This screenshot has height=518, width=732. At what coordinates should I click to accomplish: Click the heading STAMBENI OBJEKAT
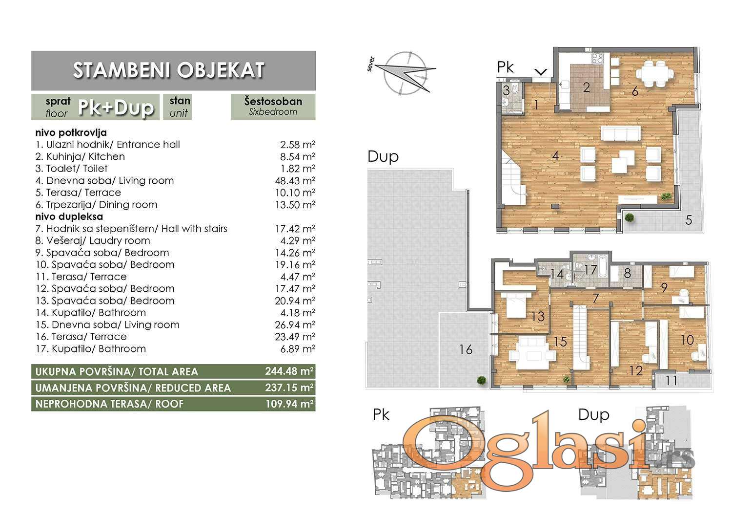pyautogui.click(x=169, y=70)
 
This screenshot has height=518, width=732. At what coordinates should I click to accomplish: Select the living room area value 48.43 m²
pyautogui.click(x=295, y=181)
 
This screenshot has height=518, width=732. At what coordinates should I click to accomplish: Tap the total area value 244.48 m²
pyautogui.click(x=289, y=371)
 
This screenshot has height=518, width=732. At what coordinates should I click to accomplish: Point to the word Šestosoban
pyautogui.click(x=273, y=101)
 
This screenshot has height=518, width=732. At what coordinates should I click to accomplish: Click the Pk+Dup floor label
pyautogui.click(x=116, y=108)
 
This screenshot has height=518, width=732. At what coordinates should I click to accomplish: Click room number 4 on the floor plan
pyautogui.click(x=555, y=156)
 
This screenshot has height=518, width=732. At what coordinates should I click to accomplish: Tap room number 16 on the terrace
pyautogui.click(x=466, y=349)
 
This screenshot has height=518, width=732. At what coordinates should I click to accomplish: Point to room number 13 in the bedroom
pyautogui.click(x=538, y=316)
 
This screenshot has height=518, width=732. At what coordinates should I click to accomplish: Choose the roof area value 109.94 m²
pyautogui.click(x=289, y=404)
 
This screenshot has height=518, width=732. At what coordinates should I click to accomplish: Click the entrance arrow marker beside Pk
pyautogui.click(x=541, y=72)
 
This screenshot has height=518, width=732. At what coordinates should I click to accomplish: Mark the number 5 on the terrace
pyautogui.click(x=689, y=220)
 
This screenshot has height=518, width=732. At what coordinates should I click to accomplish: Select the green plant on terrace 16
pyautogui.click(x=481, y=380)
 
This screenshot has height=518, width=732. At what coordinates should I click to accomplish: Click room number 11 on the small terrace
pyautogui.click(x=671, y=380)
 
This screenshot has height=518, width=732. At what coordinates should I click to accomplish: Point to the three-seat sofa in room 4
pyautogui.click(x=620, y=133)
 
